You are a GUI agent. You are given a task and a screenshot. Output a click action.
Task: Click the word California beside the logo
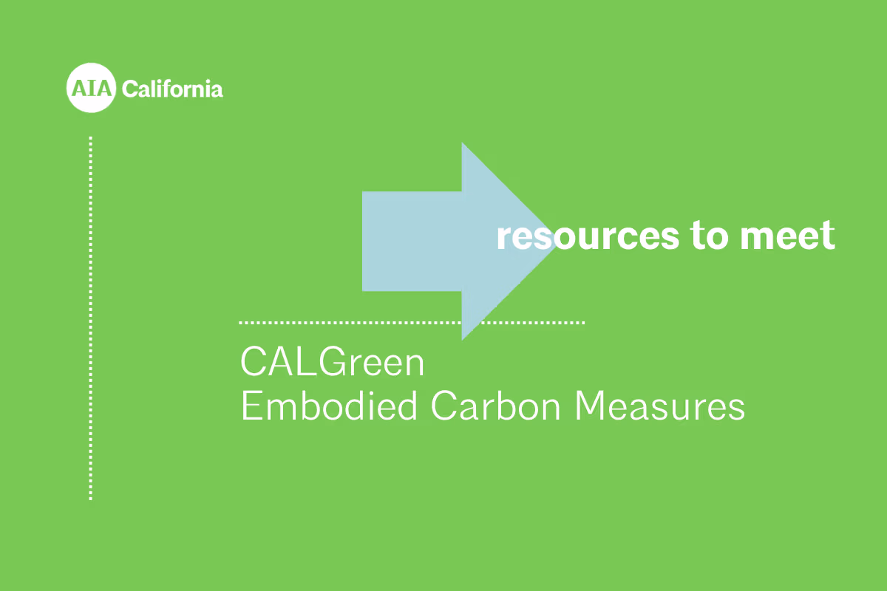[x=172, y=89]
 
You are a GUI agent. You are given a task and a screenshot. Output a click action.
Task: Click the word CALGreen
[x=333, y=363]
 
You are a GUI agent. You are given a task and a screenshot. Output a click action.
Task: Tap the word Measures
[x=660, y=407]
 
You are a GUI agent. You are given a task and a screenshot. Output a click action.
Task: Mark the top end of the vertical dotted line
[x=91, y=138]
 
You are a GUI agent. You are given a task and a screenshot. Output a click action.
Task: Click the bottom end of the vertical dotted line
[x=91, y=498]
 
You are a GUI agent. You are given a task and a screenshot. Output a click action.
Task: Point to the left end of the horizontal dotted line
[x=242, y=323]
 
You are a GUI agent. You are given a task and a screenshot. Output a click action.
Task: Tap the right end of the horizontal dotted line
[x=582, y=323]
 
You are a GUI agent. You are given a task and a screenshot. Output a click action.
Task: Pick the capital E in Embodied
[x=249, y=407]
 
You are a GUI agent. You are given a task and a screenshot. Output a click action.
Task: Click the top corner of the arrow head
[x=463, y=144]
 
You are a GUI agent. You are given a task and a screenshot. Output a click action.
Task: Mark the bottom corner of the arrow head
[x=463, y=338]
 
